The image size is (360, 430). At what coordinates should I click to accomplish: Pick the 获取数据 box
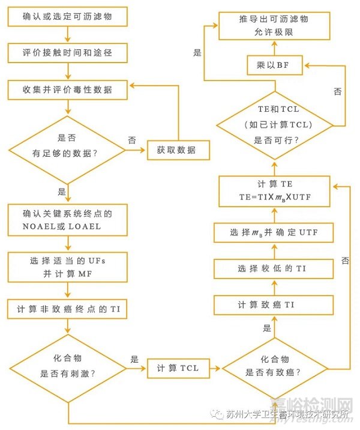click(x=178, y=150)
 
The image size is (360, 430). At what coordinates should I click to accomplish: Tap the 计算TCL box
click(x=178, y=368)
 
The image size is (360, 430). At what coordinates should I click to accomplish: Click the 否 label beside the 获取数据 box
click(x=132, y=139)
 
